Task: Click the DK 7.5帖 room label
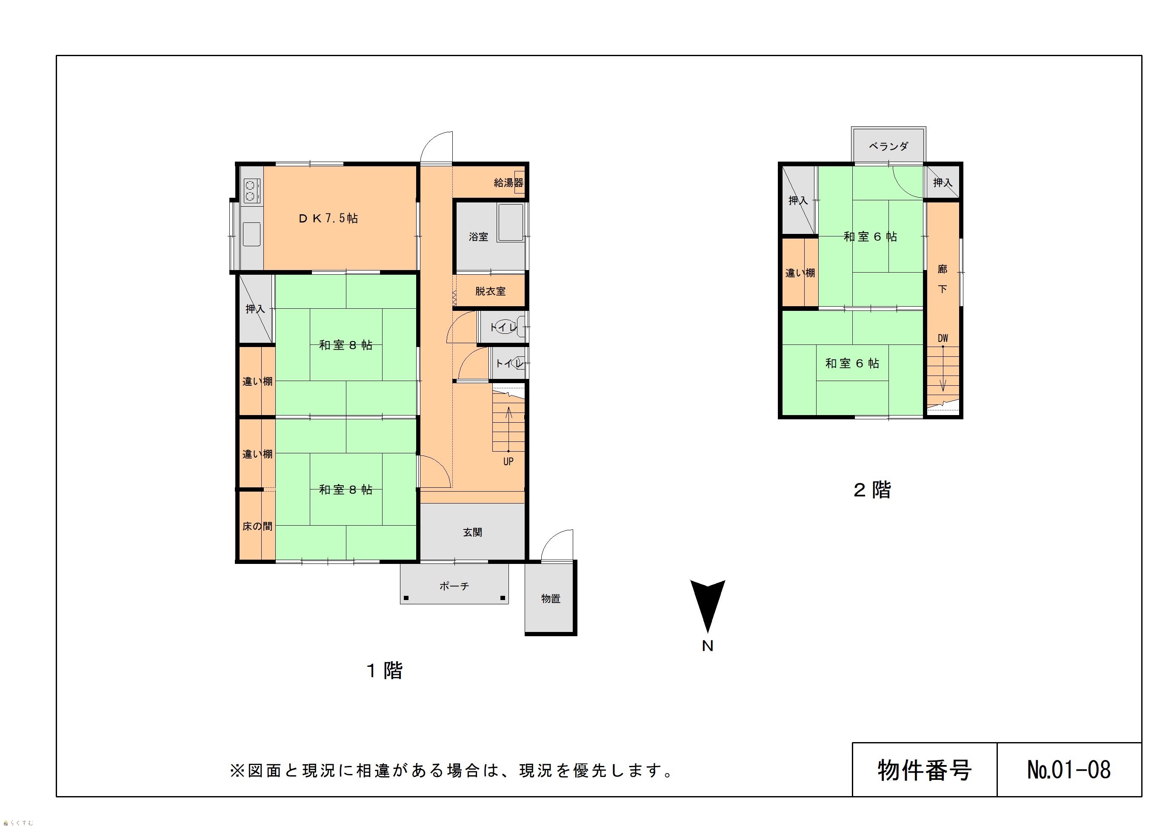coord(328,218)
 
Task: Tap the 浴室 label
coord(479,236)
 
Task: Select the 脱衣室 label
coord(490,291)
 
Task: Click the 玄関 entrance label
coord(472,532)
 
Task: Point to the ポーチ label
coord(454,586)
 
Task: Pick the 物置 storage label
coord(551,598)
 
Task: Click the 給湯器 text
coord(508,182)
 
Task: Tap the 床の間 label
coord(257,526)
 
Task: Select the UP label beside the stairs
coord(508,461)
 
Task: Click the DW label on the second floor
coord(943,339)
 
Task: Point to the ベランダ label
coord(888,146)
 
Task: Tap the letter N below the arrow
coord(708,646)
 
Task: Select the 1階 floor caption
coord(385,670)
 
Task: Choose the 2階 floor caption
coord(872,489)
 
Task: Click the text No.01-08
coord(1068,770)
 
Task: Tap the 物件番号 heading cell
coord(925,770)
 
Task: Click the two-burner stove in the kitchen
coord(251,190)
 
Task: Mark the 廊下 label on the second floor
coord(943,279)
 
